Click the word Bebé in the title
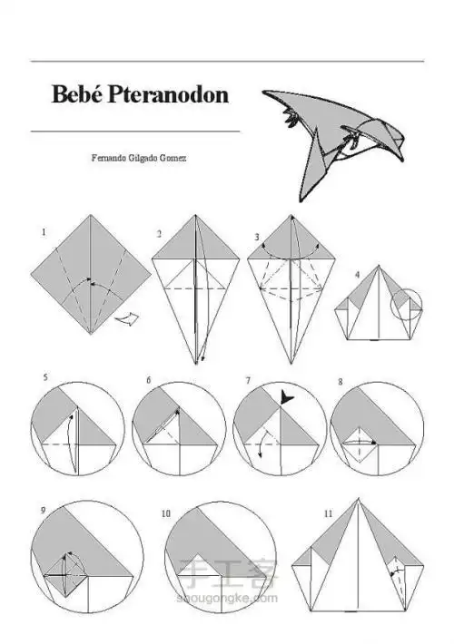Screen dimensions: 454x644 coord(77,94)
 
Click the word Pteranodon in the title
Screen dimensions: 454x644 coord(168,94)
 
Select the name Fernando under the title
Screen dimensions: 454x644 coord(104,158)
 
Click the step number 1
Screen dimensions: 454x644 coord(44,232)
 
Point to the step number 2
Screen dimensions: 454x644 coord(159,234)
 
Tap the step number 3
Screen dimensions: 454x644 coord(257,237)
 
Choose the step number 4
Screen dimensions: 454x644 coord(357,274)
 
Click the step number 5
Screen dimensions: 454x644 coord(45,377)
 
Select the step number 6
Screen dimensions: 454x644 coord(149,380)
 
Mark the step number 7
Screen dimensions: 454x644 coord(249,381)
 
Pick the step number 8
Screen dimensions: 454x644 coord(340,382)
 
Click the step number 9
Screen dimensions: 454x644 coord(44,511)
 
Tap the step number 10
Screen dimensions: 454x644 coord(166,513)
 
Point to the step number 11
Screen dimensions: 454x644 coord(328,513)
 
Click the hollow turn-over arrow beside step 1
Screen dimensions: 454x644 coord(126,319)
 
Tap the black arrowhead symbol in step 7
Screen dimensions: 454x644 coord(284,396)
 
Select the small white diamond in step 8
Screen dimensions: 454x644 coord(359,444)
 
